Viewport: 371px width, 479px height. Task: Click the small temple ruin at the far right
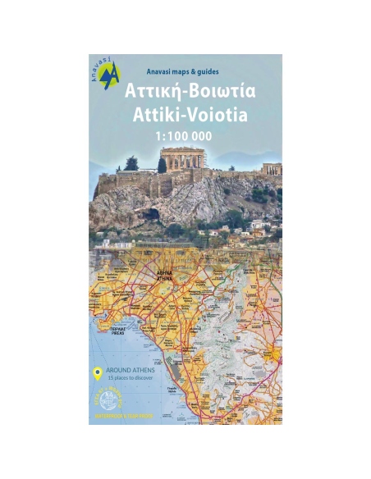click(272, 169)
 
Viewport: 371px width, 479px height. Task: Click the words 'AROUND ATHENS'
click(129, 370)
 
